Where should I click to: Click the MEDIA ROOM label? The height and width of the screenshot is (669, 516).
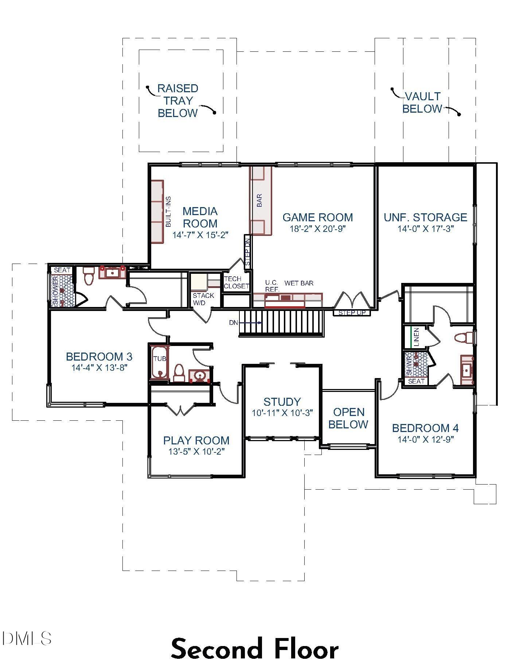(x=200, y=217)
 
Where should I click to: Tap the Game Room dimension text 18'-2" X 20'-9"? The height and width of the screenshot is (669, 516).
(x=317, y=229)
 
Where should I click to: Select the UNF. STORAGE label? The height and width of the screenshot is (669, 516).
(x=425, y=217)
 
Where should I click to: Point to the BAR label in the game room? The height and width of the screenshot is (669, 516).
(x=259, y=200)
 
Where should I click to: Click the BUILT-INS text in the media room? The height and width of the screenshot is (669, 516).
(x=168, y=212)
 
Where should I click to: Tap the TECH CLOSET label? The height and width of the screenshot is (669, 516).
(x=236, y=283)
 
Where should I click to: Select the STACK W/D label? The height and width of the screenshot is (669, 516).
(x=203, y=299)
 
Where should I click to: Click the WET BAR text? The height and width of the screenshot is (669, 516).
(x=299, y=283)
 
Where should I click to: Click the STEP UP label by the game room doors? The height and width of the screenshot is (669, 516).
(x=352, y=313)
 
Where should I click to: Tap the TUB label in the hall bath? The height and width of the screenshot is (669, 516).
(x=160, y=359)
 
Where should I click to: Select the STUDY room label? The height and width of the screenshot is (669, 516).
(x=282, y=402)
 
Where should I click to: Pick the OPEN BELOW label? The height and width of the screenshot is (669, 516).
(x=348, y=418)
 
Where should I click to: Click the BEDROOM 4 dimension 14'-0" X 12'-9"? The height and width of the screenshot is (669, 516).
(x=425, y=439)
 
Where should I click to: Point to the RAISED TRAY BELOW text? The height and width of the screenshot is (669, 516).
(x=178, y=101)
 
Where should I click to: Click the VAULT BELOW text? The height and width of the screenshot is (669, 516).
(x=422, y=102)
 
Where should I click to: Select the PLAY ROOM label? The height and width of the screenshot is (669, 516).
(x=196, y=440)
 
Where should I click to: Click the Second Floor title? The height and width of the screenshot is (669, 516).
(x=255, y=649)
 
